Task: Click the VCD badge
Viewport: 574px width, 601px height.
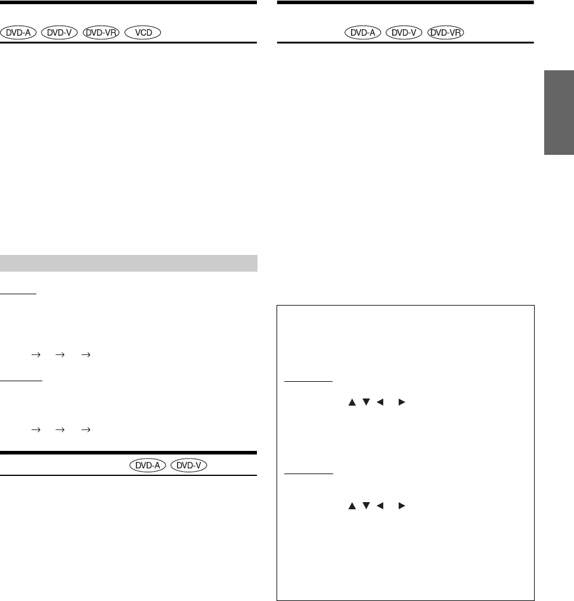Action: tap(142, 33)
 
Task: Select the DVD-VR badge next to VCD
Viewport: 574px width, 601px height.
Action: tap(101, 33)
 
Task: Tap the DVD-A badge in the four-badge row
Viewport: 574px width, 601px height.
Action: tap(18, 33)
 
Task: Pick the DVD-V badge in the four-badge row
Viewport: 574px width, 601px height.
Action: tap(59, 33)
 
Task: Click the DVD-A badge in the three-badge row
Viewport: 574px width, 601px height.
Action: tap(363, 33)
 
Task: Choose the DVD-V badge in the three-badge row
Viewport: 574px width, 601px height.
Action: tap(404, 33)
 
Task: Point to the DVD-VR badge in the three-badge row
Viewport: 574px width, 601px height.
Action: tap(445, 33)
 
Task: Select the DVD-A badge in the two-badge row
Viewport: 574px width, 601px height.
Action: tap(148, 465)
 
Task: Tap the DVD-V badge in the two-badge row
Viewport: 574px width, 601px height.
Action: tap(188, 465)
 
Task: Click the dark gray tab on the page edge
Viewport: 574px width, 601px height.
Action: tap(559, 113)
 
